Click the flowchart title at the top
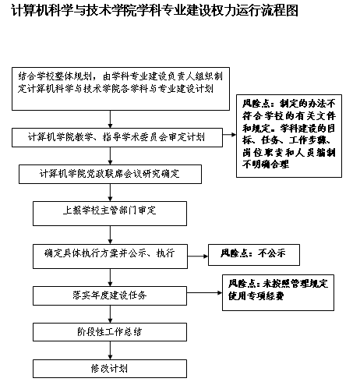(x=154, y=11)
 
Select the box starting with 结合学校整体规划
(x=121, y=89)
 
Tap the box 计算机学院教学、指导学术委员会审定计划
(x=117, y=137)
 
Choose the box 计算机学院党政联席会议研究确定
(x=110, y=174)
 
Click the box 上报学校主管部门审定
(x=110, y=214)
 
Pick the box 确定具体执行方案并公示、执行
(x=110, y=256)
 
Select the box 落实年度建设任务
(x=110, y=295)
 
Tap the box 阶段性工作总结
(x=110, y=332)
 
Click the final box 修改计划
(x=110, y=369)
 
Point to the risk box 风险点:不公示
(x=254, y=255)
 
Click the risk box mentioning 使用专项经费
(x=278, y=292)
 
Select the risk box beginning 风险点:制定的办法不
(x=289, y=136)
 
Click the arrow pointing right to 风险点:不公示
(x=198, y=256)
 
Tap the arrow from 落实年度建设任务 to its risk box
(x=204, y=293)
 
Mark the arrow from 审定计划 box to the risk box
(x=229, y=135)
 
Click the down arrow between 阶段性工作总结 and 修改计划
(x=110, y=350)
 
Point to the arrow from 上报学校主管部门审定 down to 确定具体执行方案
(x=110, y=235)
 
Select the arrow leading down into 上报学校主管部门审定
(x=110, y=193)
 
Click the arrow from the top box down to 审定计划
(x=110, y=119)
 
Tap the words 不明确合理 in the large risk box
(x=266, y=164)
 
